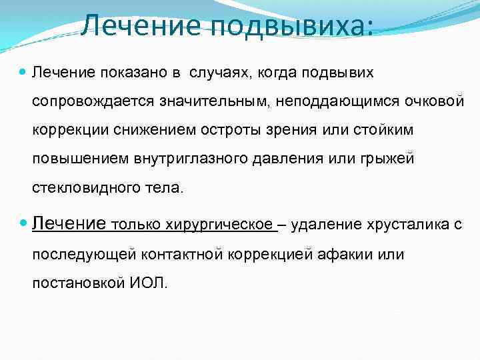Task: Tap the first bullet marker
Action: (23, 71)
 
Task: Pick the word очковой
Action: (433, 101)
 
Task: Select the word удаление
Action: (323, 225)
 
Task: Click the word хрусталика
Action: (408, 225)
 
